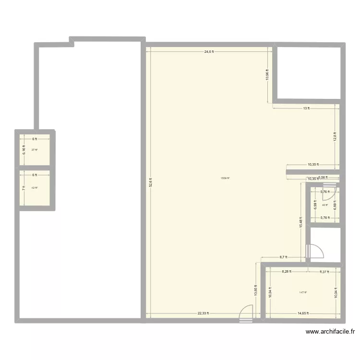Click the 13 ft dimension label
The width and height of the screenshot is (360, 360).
[x=306, y=108]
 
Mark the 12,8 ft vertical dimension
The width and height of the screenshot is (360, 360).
[x=335, y=137]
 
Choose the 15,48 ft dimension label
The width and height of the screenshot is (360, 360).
[x=301, y=223]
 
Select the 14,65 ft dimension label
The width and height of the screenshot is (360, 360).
[x=303, y=313]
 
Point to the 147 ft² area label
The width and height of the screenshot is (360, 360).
[x=302, y=292]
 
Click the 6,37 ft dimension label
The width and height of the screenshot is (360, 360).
[x=324, y=272]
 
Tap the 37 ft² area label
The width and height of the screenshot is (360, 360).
[x=34, y=150]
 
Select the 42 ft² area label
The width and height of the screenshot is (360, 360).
[x=34, y=188]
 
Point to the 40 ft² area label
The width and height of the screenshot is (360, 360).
[x=324, y=205]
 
